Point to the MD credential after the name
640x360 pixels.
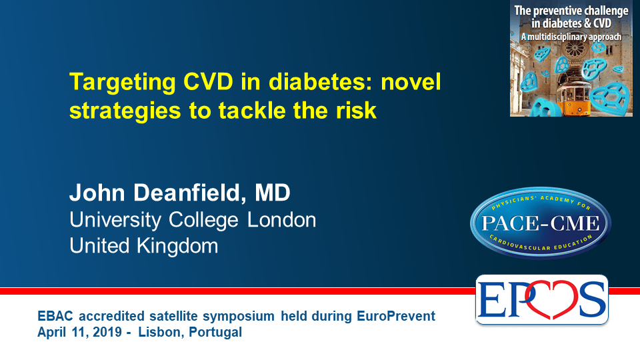pos(272,193)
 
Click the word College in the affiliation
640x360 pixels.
pos(203,221)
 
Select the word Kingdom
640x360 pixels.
pos(177,246)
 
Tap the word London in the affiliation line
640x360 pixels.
pos(281,220)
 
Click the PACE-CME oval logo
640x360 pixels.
pos(541,223)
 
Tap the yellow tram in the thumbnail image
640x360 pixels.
pos(574,95)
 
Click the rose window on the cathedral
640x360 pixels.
pos(575,49)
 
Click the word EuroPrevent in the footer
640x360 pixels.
pos(396,316)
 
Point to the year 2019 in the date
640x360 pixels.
pos(107,332)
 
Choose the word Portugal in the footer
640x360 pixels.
pos(215,332)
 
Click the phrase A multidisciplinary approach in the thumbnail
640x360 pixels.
pos(571,37)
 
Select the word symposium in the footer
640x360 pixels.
pos(239,317)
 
